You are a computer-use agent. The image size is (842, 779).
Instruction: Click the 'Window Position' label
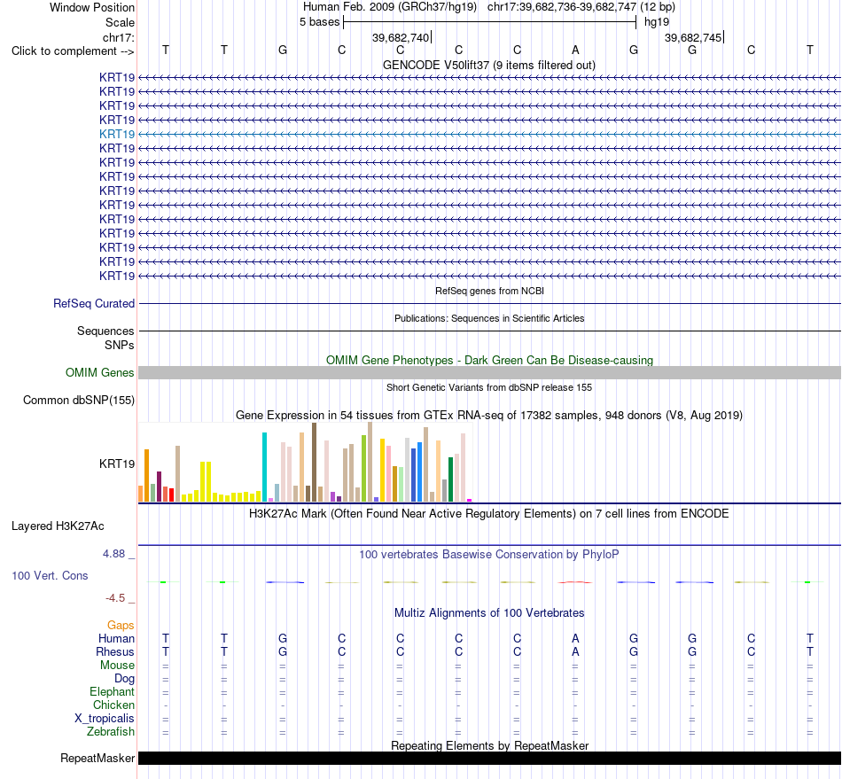(92, 7)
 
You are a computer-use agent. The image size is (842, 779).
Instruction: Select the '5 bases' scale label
(319, 22)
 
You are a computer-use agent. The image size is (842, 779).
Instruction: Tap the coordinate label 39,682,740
(401, 37)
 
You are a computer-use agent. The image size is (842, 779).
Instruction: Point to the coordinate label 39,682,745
(693, 37)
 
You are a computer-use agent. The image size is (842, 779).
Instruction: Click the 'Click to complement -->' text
(73, 51)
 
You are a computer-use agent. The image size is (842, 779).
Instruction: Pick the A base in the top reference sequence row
(575, 50)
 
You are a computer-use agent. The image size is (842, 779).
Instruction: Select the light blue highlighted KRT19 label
(116, 134)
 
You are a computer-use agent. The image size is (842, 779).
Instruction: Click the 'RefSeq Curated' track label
(94, 303)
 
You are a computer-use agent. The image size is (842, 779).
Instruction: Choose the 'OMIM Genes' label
(99, 372)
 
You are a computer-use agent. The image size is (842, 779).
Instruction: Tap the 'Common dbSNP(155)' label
(79, 400)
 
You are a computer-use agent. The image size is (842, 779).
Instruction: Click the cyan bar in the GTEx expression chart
(264, 467)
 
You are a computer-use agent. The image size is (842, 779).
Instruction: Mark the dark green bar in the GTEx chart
(450, 479)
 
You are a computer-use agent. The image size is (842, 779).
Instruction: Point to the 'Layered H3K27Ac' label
(58, 526)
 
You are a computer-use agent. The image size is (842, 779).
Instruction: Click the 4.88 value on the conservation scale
(113, 554)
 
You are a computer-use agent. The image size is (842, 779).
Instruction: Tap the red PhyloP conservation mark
(574, 582)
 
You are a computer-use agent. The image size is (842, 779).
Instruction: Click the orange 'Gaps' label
(121, 625)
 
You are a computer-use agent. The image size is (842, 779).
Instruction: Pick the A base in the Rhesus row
(575, 651)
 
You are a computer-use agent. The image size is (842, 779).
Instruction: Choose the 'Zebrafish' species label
(111, 732)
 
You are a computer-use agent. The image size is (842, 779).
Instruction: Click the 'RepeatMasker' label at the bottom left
(97, 758)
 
